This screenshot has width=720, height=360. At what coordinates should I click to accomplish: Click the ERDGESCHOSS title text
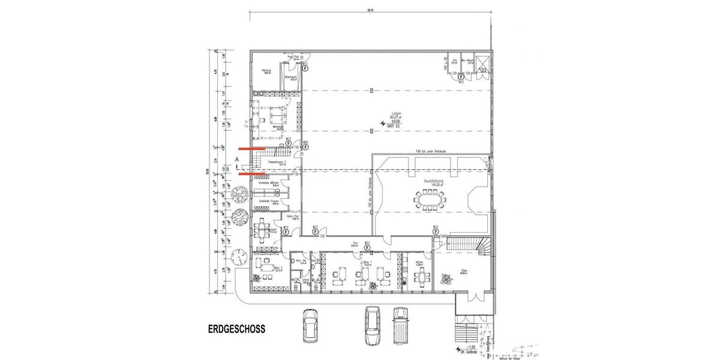[236, 329]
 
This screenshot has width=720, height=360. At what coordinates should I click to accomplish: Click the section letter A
[238, 159]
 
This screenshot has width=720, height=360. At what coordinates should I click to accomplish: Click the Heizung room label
[265, 71]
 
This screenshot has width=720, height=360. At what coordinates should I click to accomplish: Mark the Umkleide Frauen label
[268, 201]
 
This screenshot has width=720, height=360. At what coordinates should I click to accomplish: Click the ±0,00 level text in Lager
[396, 121]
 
